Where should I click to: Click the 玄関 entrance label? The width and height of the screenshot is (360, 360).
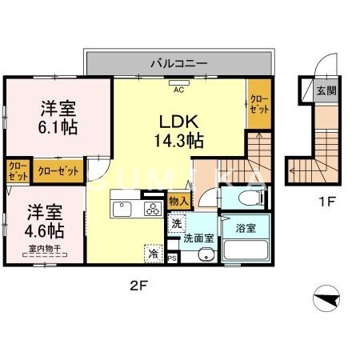click(x=326, y=90)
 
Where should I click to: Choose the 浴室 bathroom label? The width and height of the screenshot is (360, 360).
click(x=245, y=228)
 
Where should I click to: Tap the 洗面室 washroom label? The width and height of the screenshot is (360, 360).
click(x=198, y=237)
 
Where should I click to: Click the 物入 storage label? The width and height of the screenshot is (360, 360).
click(x=178, y=202)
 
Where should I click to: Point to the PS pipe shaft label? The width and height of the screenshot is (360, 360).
click(x=172, y=258)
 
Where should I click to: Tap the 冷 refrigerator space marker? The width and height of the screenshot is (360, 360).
click(x=152, y=254)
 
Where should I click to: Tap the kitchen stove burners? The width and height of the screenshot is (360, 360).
click(x=150, y=210)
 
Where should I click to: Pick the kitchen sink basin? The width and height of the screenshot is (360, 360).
click(x=123, y=210)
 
